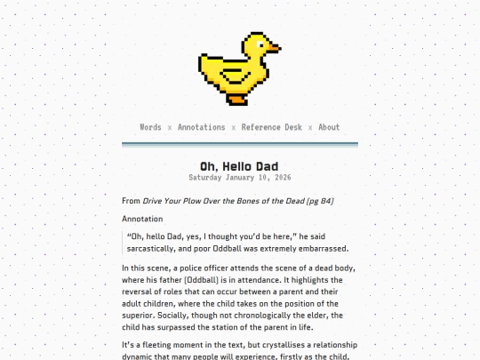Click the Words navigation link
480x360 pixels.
coord(150,127)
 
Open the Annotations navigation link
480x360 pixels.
coord(201,127)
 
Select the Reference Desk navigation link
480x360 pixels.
coord(271,127)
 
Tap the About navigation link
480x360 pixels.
coord(329,127)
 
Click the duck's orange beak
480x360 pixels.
coord(274,47)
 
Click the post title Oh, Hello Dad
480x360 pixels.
coord(239,166)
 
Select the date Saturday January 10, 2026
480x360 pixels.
coord(239,177)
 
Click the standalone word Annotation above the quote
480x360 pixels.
coord(142,219)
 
